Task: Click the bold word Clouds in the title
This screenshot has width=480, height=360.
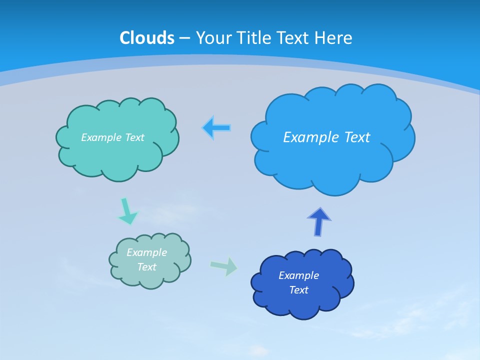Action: pos(147,38)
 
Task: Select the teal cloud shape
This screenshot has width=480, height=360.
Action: pos(117,157)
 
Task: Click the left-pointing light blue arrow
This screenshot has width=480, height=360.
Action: pos(216,128)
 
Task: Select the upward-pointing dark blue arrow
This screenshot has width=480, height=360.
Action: pos(319,222)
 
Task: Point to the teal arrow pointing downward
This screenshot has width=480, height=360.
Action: pos(126,211)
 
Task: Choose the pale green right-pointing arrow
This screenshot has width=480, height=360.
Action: pos(224,266)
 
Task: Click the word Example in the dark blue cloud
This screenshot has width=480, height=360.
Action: pos(298,275)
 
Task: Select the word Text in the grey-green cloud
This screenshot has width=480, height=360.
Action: pos(147,267)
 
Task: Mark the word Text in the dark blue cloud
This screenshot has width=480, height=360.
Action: pos(298,290)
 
